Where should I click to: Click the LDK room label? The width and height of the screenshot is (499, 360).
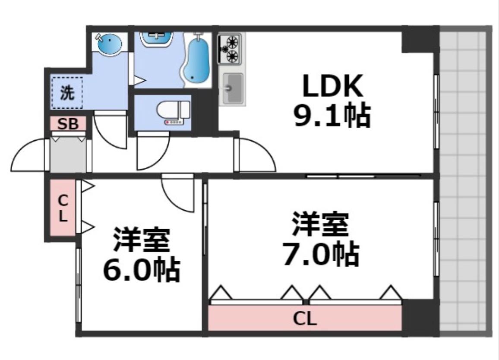click(x=332, y=86)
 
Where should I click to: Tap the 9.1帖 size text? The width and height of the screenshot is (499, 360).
click(x=332, y=116)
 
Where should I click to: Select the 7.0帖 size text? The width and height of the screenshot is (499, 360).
click(x=320, y=255)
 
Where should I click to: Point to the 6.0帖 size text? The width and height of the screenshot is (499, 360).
click(x=141, y=270)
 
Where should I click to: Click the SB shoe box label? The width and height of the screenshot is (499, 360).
click(x=68, y=124)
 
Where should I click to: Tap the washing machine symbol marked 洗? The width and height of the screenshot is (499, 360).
click(x=67, y=93)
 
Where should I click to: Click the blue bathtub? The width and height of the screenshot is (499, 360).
click(x=197, y=60)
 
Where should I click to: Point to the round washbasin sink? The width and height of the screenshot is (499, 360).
click(x=110, y=44)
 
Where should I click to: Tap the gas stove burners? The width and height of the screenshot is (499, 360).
click(x=231, y=48)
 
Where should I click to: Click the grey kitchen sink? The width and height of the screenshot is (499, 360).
click(x=233, y=88)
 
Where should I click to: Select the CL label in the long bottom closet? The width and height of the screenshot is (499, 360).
click(x=305, y=319)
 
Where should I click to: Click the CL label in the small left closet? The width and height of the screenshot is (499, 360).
click(x=63, y=208)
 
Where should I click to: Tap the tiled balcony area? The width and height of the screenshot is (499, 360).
click(x=464, y=181)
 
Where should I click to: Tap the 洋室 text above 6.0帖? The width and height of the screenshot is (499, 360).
click(x=141, y=240)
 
